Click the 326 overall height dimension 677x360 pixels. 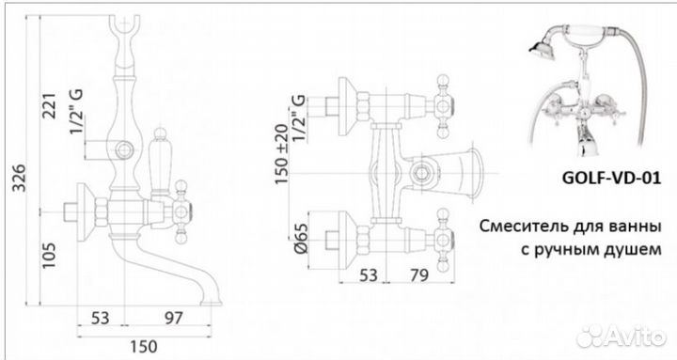[19, 178]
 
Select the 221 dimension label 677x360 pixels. [50, 105]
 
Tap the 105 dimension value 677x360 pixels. [49, 256]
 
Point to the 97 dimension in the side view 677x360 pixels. [174, 318]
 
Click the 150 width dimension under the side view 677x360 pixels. [143, 346]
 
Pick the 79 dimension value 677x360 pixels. [418, 275]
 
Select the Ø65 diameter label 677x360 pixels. [302, 238]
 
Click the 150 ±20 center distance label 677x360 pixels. [281, 154]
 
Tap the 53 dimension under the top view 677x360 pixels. [369, 275]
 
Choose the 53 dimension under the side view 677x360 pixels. [101, 318]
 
